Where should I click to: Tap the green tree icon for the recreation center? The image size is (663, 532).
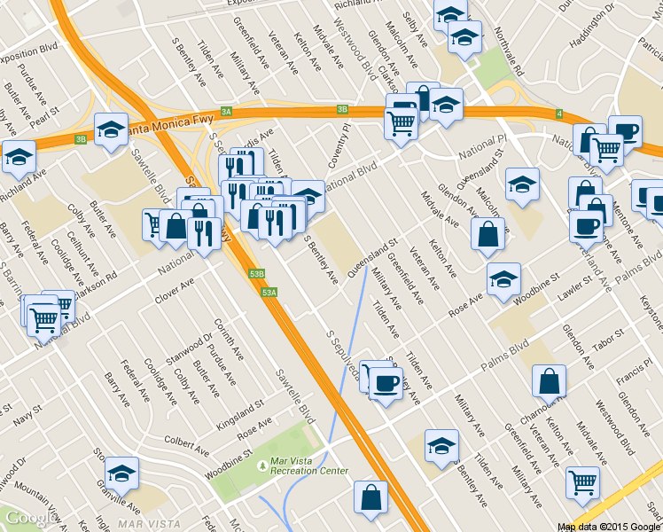click(x=261, y=465)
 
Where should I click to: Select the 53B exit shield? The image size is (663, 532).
click(x=257, y=274)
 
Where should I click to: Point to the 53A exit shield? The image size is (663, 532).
click(x=270, y=292)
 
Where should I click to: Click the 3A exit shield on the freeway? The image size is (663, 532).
click(x=226, y=112)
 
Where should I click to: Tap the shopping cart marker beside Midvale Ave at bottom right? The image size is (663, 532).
click(x=582, y=482)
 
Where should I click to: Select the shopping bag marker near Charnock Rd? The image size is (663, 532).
click(x=549, y=381)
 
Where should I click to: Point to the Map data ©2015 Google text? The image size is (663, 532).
click(x=609, y=527)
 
